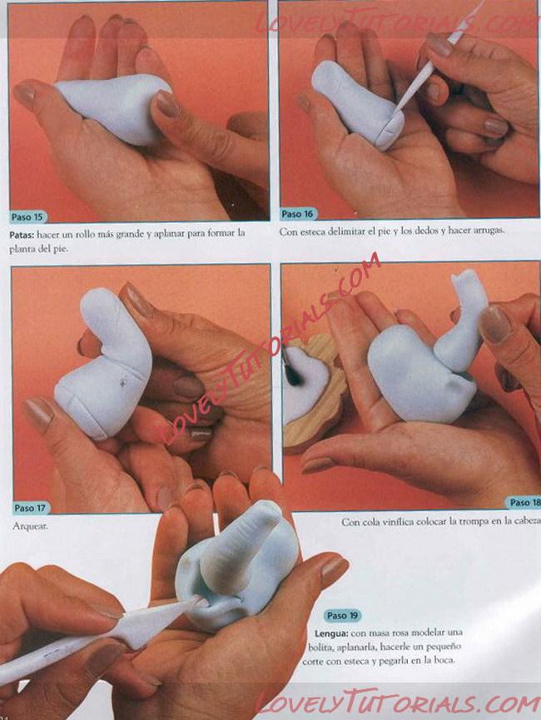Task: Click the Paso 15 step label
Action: pyautogui.click(x=27, y=216)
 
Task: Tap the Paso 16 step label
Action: pyautogui.click(x=298, y=214)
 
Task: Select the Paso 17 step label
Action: pyautogui.click(x=30, y=508)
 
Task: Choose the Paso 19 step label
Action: pyautogui.click(x=343, y=615)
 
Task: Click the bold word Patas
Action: pyautogui.click(x=22, y=234)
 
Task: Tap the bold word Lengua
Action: pyautogui.click(x=331, y=633)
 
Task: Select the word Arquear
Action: pyautogui.click(x=30, y=526)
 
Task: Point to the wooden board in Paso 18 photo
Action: pyautogui.click(x=317, y=395)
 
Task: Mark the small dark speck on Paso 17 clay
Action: pyautogui.click(x=123, y=380)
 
